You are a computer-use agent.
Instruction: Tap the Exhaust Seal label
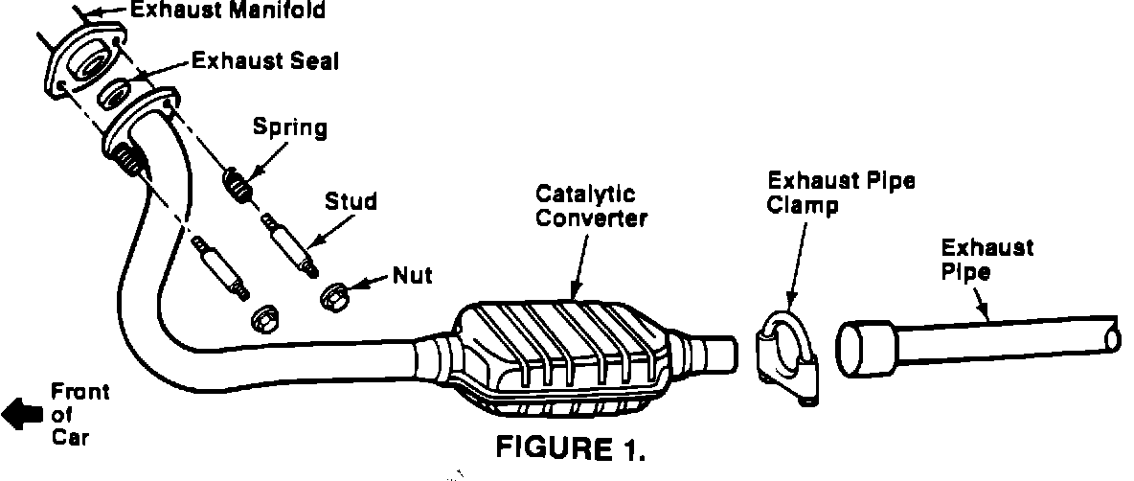(x=265, y=61)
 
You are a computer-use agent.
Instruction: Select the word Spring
(x=290, y=126)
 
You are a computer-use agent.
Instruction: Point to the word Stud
(x=351, y=202)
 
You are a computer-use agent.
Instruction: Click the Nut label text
(x=413, y=276)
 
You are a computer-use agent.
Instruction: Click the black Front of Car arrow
(x=22, y=414)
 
